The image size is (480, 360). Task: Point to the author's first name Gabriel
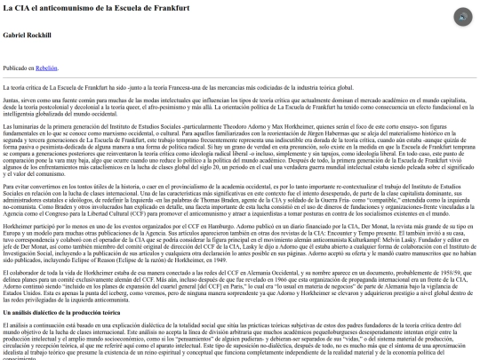click(x=15, y=35)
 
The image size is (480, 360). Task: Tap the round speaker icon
click(x=462, y=17)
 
